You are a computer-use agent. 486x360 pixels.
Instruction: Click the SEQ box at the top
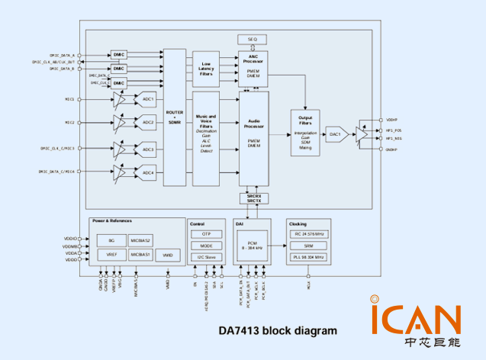(x=252, y=39)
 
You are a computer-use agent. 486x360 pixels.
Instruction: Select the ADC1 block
(x=147, y=99)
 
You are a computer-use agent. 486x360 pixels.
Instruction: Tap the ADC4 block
(x=147, y=174)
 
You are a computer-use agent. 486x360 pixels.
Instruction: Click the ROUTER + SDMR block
(x=175, y=117)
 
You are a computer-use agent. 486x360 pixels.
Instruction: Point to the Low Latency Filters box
(x=206, y=69)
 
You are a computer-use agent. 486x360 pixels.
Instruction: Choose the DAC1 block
(x=334, y=134)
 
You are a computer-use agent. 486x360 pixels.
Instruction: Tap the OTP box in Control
(x=206, y=234)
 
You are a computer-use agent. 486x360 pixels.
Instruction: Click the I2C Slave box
(x=206, y=258)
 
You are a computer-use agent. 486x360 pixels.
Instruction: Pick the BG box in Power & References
(x=111, y=239)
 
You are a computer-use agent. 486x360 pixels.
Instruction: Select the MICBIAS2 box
(x=140, y=239)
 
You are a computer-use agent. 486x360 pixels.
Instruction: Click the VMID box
(x=168, y=255)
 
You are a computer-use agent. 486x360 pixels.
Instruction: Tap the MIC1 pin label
(x=69, y=99)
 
